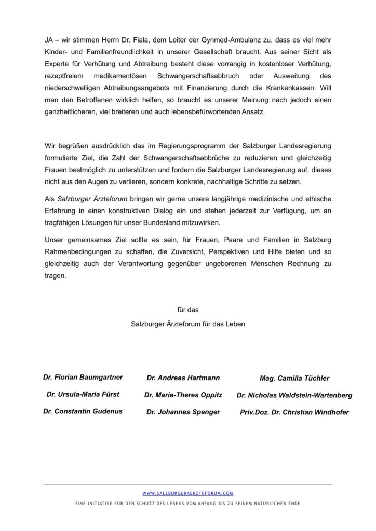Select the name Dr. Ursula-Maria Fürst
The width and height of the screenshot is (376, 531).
[x=83, y=395]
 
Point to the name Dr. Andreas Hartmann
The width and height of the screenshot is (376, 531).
[x=183, y=378]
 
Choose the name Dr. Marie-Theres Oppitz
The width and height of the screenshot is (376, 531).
[x=183, y=395]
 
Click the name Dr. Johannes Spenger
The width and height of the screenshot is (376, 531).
[x=183, y=412]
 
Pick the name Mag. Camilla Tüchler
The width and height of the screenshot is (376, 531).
[x=294, y=378]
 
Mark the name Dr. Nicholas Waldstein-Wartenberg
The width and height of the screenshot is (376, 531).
[x=294, y=395]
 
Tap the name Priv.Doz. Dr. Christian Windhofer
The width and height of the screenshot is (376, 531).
[x=294, y=412]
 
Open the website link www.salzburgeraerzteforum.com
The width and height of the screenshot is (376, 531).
[x=187, y=493]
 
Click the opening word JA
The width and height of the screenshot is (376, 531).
[x=48, y=39]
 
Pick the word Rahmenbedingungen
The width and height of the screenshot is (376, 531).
[x=79, y=251]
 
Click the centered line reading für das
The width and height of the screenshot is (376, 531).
[x=187, y=310]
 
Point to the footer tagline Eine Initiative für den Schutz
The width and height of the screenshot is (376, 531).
[x=187, y=504]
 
